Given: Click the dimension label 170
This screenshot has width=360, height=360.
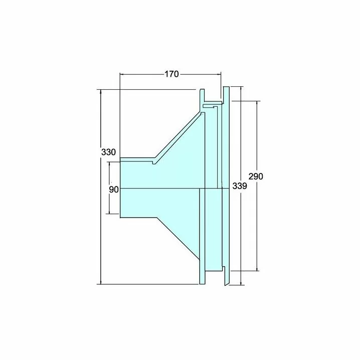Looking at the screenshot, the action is pos(171,74).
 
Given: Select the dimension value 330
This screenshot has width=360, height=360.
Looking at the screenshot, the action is pos(109,152).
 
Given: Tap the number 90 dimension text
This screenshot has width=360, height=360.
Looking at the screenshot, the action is pos(114,190).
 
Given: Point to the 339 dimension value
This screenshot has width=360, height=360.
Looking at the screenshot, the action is pos(240,186).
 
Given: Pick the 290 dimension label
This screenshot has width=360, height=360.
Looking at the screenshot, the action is pos(256,176).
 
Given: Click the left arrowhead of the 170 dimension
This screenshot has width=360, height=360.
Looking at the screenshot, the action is pos(122,74).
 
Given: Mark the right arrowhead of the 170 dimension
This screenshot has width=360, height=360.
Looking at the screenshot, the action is pos(219,74).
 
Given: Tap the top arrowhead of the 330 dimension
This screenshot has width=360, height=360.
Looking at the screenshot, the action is pos(101,91).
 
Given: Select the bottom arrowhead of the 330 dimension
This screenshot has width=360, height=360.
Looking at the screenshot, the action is pos(101,282).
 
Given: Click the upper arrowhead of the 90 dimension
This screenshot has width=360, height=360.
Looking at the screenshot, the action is pos(109,164).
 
